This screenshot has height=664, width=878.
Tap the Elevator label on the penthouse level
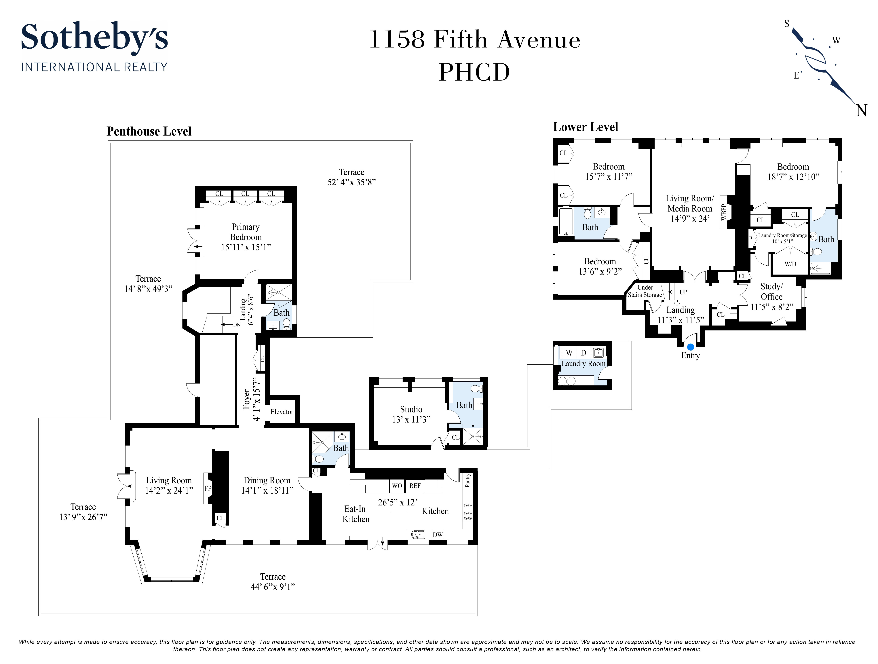(x=282, y=412)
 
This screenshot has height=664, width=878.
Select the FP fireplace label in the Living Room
(x=208, y=489)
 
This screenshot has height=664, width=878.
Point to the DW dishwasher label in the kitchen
(x=437, y=535)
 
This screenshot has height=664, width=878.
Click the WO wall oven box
(x=397, y=485)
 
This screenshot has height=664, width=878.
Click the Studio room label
(x=411, y=409)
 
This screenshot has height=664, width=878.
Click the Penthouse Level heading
(x=149, y=131)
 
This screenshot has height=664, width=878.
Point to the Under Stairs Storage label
(x=645, y=291)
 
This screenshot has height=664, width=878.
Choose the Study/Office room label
(x=771, y=292)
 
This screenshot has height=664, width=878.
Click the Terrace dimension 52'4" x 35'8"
(x=351, y=182)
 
